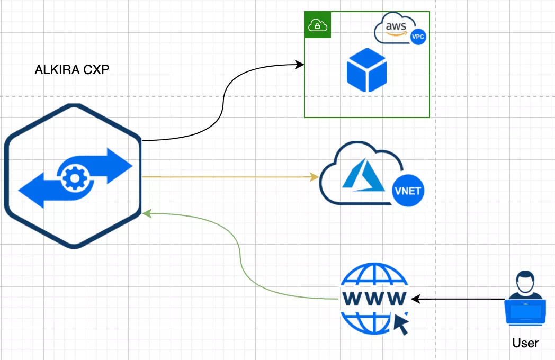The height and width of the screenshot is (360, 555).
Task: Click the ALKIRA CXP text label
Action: pos(72,70)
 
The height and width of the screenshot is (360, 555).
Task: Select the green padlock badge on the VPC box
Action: pos(317,25)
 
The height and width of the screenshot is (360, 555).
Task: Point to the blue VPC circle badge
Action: pos(418,36)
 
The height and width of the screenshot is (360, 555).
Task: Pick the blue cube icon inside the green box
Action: pos(366,70)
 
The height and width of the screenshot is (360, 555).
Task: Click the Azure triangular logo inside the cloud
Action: pos(363,175)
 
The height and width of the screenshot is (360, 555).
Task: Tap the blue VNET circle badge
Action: pos(409,190)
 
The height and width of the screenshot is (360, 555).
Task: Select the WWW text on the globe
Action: pos(374,298)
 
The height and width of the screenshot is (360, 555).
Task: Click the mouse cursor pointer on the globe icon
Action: pos(401,323)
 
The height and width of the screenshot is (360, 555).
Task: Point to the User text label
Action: pos(525,343)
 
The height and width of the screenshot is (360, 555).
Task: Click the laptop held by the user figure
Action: pos(525,312)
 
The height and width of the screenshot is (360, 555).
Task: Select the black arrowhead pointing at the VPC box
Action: pos(300,65)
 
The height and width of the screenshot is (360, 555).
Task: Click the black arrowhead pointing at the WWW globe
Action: pos(415,299)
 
